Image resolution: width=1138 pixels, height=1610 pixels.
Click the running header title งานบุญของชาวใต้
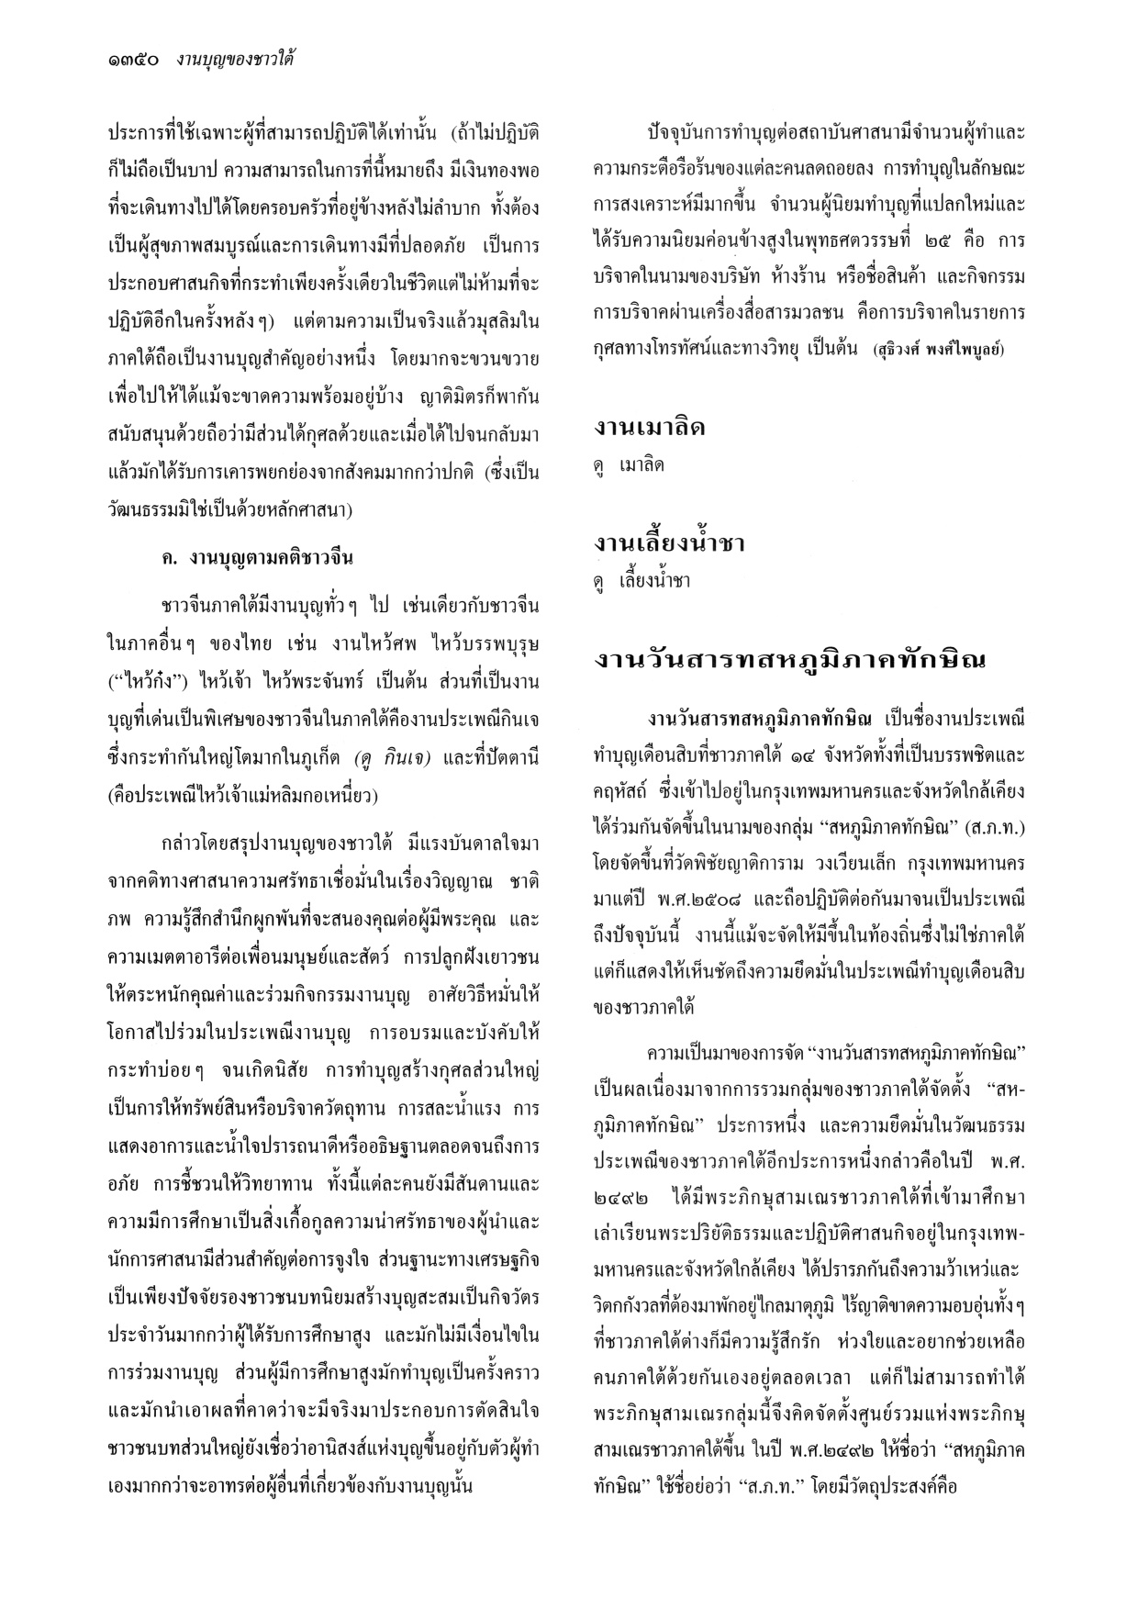tap(240, 61)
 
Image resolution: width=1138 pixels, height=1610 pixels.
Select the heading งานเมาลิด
tap(650, 427)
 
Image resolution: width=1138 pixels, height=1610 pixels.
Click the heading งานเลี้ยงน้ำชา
tap(669, 543)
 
